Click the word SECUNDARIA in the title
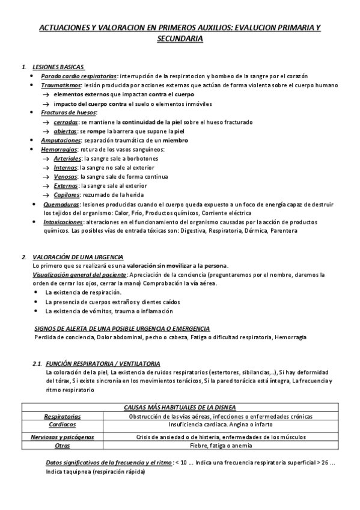click(180, 38)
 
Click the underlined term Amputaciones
click(60, 140)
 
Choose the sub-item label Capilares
click(67, 195)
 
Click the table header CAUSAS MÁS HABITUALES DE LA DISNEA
click(180, 407)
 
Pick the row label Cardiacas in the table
click(63, 423)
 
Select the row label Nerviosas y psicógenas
click(63, 437)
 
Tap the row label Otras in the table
click(63, 446)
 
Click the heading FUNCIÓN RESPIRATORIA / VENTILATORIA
click(103, 364)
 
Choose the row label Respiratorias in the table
click(63, 416)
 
